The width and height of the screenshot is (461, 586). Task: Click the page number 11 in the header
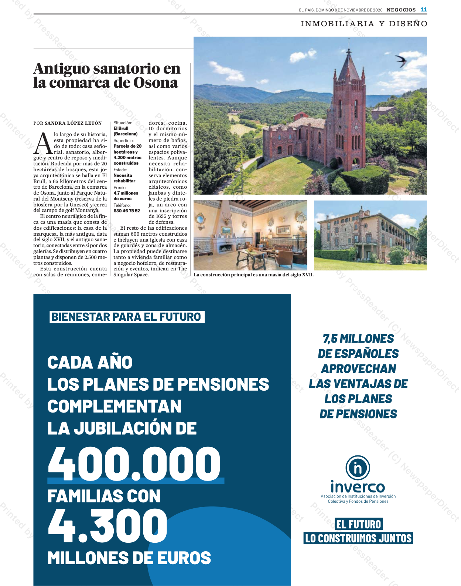click(424, 10)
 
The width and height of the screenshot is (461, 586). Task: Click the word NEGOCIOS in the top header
click(401, 10)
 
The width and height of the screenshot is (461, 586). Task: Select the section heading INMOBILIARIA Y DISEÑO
click(364, 24)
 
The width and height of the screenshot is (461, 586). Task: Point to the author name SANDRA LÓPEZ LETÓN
click(73, 123)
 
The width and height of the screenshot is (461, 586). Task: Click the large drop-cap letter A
click(43, 144)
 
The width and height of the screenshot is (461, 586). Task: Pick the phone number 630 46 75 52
click(127, 211)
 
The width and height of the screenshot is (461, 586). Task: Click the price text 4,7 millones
click(126, 193)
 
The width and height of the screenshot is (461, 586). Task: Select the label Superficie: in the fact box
click(123, 141)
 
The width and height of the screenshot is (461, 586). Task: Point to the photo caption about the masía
click(253, 275)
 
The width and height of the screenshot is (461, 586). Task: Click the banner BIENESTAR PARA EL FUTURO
click(127, 317)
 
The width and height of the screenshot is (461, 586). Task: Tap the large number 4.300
click(107, 525)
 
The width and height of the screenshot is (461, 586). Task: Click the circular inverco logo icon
click(358, 468)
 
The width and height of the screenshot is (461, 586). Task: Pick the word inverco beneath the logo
click(358, 486)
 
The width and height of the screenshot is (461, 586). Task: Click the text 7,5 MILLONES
click(358, 339)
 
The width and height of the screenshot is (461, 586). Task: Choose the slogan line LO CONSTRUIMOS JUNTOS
click(358, 538)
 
